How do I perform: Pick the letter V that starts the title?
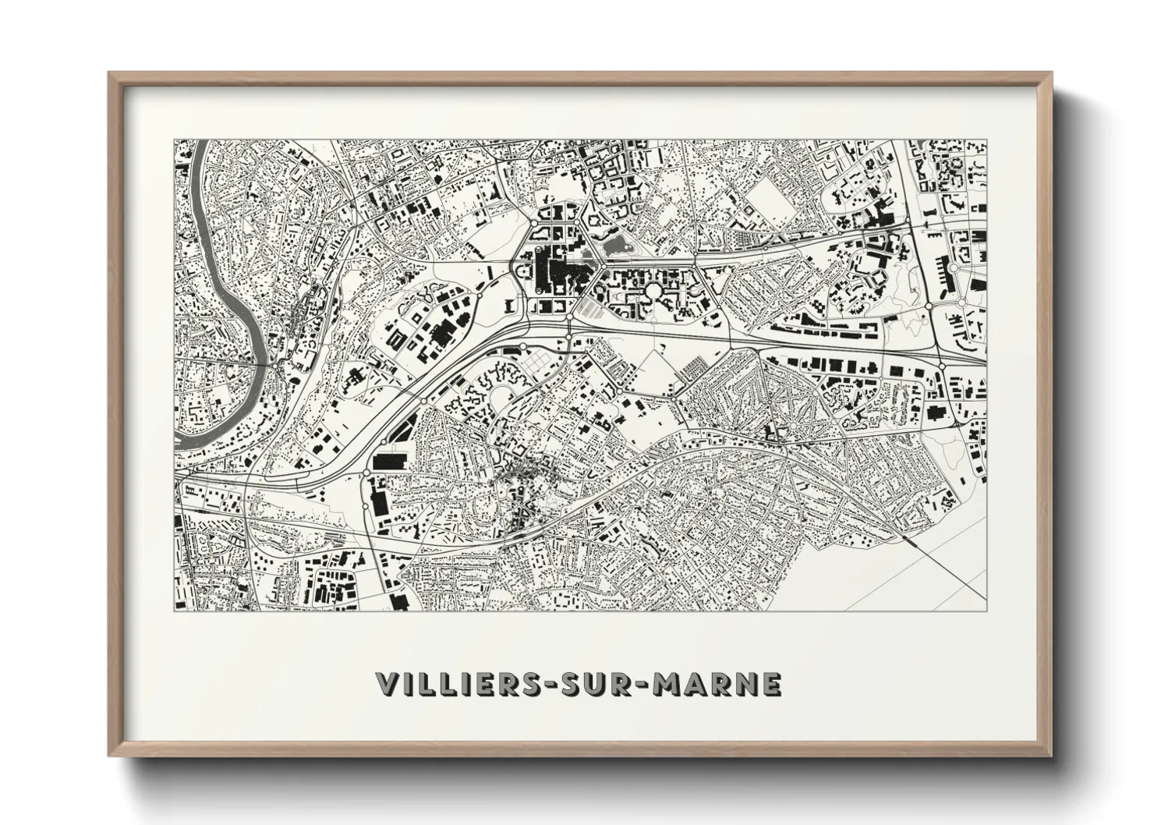tap(388, 684)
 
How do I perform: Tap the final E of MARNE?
tap(770, 684)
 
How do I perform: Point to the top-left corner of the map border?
tap(174, 140)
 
